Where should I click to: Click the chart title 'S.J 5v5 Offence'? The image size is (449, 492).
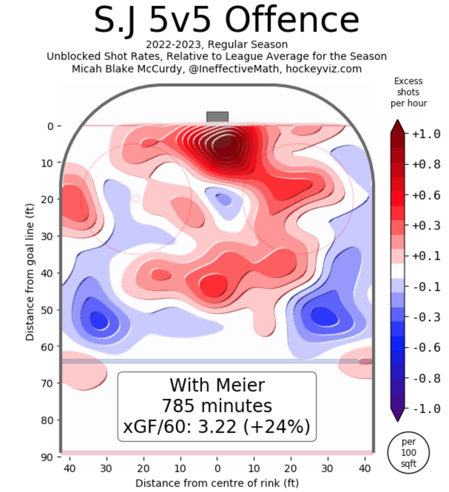coord(226,20)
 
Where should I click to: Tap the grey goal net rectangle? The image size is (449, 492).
coord(217,117)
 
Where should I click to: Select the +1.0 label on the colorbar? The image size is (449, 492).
coord(426,134)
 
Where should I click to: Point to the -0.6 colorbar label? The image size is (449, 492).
coord(426,347)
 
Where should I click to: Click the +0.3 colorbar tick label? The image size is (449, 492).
coord(426,225)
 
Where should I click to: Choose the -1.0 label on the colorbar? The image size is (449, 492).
coord(426,409)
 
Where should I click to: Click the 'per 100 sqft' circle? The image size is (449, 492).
coord(408,452)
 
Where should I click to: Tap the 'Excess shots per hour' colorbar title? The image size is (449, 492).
coord(408,92)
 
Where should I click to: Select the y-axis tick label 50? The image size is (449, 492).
coord(47,310)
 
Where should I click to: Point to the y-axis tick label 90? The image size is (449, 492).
coord(47,457)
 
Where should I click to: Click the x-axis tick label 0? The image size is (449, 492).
coord(217,469)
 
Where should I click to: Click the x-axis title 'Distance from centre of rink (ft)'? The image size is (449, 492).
coord(217,483)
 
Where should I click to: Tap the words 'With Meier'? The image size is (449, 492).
coord(217,385)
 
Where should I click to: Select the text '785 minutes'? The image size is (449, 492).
coord(217,406)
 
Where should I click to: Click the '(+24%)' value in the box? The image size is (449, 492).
coord(277,426)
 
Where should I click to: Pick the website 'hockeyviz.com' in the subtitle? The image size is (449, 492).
coord(324,69)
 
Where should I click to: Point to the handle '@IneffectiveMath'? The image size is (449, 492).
coord(234,69)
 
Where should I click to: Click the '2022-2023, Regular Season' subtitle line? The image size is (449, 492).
coord(217,44)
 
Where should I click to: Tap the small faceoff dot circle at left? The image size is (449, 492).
coord(136,199)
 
